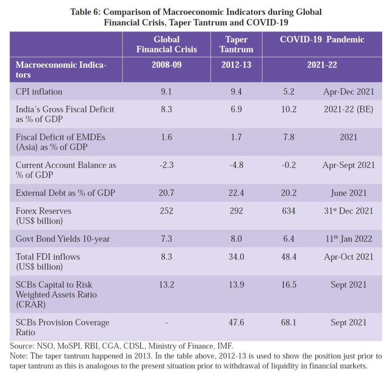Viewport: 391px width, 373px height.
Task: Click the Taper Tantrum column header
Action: tap(236, 44)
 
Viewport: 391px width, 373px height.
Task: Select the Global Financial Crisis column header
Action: tap(166, 44)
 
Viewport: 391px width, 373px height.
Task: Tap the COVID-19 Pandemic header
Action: tap(322, 39)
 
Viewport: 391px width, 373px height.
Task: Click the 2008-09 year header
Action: tap(166, 65)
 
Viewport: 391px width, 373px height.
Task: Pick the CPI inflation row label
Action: tap(39, 92)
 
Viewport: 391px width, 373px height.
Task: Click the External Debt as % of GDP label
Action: tap(65, 193)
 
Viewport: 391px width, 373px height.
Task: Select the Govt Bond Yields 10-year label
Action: tap(63, 239)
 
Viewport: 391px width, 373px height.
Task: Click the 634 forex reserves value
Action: tap(288, 211)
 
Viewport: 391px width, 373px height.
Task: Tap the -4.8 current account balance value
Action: tap(236, 165)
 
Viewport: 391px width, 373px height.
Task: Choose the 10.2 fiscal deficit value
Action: tap(288, 109)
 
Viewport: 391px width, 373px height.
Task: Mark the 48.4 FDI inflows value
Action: tap(288, 257)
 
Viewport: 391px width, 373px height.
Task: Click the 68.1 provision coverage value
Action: tap(288, 322)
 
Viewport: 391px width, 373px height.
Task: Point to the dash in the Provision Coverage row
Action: tap(166, 323)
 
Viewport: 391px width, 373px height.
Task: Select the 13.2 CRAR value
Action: tap(166, 285)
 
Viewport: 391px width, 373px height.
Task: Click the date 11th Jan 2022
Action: tap(348, 239)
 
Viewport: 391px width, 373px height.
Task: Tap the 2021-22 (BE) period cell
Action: tap(348, 109)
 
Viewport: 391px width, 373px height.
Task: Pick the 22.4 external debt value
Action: tap(236, 193)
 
